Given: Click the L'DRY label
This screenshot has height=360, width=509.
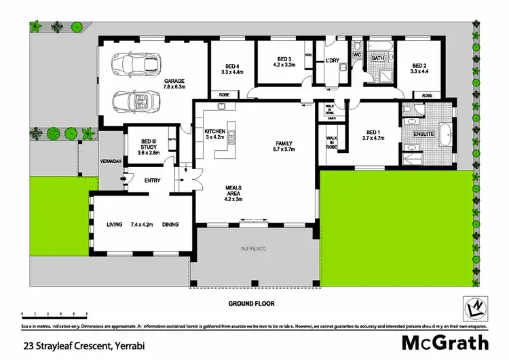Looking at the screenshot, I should (332, 60).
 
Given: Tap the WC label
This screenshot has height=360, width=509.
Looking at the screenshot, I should (356, 53).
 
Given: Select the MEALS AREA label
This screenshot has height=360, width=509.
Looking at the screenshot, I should (233, 192).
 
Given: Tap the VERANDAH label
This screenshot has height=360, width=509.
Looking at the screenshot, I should (111, 162).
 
